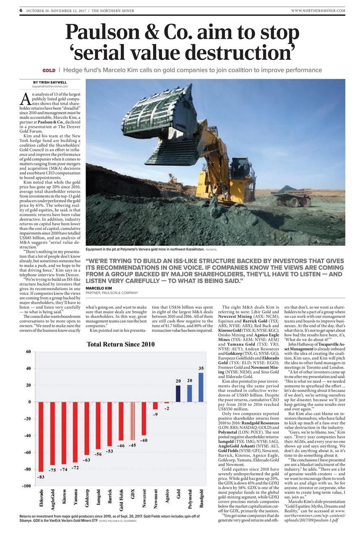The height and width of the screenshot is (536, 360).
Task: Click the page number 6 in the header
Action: (x=21, y=10)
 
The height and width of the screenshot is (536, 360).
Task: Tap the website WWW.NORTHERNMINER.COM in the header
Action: (x=318, y=10)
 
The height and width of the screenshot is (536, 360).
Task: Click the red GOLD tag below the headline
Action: (x=49, y=70)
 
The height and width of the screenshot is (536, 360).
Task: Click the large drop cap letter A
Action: (x=25, y=98)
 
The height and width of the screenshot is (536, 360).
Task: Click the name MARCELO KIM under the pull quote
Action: (x=99, y=289)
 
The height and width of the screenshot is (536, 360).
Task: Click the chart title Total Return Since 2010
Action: (x=121, y=345)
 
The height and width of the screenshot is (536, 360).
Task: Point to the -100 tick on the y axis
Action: (x=27, y=486)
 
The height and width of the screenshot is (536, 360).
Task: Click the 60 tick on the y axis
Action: (x=28, y=352)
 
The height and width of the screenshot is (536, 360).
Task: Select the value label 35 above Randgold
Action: (x=201, y=368)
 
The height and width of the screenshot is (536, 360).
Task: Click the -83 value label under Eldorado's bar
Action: (x=41, y=477)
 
